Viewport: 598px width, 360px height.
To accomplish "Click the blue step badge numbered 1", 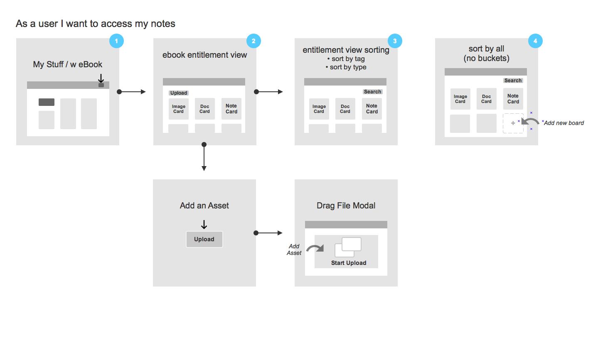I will point(116,41).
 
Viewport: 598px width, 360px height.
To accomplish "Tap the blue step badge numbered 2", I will point(253,41).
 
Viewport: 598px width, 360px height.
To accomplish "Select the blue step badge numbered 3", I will point(395,41).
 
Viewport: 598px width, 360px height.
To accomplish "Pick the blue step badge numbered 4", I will point(535,41).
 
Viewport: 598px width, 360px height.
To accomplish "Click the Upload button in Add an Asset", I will point(204,239).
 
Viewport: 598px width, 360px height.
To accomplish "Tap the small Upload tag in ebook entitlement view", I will point(179,93).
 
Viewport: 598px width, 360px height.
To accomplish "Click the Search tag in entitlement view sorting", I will point(372,92).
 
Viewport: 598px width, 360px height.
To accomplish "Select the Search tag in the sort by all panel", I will point(513,81).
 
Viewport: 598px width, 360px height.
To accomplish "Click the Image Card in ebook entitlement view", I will point(178,109).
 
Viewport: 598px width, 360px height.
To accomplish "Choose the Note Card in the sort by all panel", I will point(513,99).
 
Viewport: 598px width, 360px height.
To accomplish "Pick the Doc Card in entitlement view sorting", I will point(345,109).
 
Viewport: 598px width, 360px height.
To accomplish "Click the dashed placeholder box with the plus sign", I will point(513,123).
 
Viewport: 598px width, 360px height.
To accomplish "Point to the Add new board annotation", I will point(564,123).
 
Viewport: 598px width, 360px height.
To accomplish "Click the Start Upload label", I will point(349,263).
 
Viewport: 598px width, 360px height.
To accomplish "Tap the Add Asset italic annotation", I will point(294,250).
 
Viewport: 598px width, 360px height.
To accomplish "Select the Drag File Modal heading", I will point(346,206).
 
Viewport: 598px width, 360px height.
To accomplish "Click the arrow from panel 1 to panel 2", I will point(132,92).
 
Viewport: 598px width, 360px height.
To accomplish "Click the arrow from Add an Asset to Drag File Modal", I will point(268,233).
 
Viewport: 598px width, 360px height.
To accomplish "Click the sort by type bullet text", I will point(348,67).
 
